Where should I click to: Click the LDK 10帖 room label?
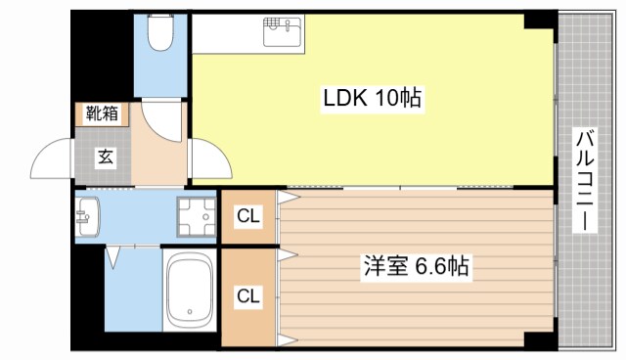(x=373, y=98)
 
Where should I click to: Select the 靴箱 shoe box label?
(x=103, y=113)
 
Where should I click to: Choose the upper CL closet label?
(x=248, y=217)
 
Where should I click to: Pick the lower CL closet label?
(x=248, y=293)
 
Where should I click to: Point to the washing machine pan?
(x=196, y=217)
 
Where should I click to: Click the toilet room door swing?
(x=161, y=117)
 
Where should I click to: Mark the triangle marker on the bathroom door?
(x=114, y=256)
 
